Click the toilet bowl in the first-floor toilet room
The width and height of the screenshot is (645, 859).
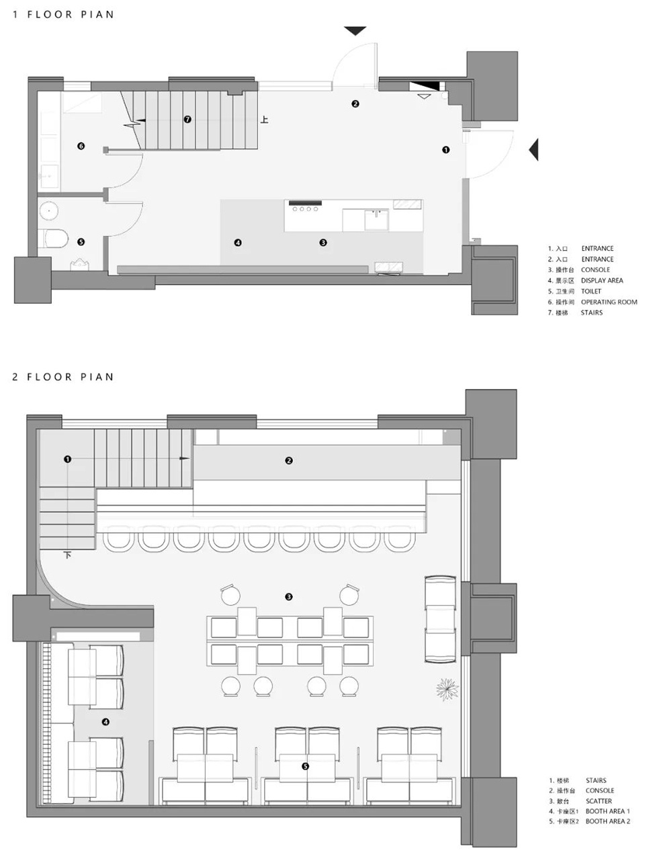click(x=55, y=239)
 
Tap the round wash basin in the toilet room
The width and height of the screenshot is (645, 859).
click(x=48, y=211)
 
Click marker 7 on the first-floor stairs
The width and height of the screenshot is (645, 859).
click(x=187, y=120)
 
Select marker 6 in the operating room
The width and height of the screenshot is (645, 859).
click(x=81, y=146)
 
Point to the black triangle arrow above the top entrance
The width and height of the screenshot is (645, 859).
click(x=355, y=30)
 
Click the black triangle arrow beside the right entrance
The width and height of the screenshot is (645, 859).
click(x=534, y=149)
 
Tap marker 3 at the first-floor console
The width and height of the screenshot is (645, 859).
click(x=323, y=243)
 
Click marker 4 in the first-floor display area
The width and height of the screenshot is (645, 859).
click(x=238, y=243)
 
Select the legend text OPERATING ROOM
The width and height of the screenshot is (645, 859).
click(x=609, y=302)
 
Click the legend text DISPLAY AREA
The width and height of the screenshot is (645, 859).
click(x=602, y=280)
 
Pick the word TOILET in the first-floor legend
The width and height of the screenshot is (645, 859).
click(x=591, y=291)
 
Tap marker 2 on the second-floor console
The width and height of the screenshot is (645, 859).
click(x=289, y=460)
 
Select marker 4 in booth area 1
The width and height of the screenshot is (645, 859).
click(x=105, y=722)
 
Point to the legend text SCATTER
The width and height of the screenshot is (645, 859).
click(x=599, y=801)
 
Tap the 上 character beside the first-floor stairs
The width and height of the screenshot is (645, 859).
click(x=265, y=120)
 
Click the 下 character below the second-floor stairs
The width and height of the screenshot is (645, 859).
click(x=68, y=555)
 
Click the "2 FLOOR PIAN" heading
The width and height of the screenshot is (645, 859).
click(x=63, y=377)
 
